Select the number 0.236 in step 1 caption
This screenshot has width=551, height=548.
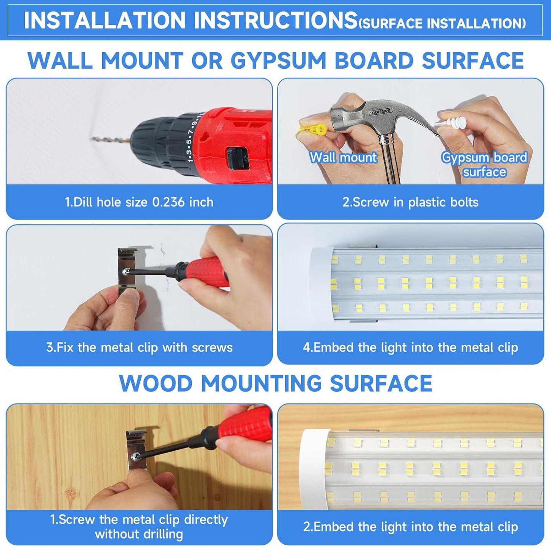[x=168, y=202]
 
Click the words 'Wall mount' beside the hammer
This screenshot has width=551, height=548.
[x=343, y=157]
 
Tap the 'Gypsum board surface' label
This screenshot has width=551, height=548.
[x=484, y=165]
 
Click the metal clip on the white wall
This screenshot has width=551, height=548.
[x=127, y=271]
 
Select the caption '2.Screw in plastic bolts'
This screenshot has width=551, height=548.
[x=410, y=202]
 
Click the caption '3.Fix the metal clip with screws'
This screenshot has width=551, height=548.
[x=139, y=348]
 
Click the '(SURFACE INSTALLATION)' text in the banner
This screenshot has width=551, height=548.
[x=442, y=24]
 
